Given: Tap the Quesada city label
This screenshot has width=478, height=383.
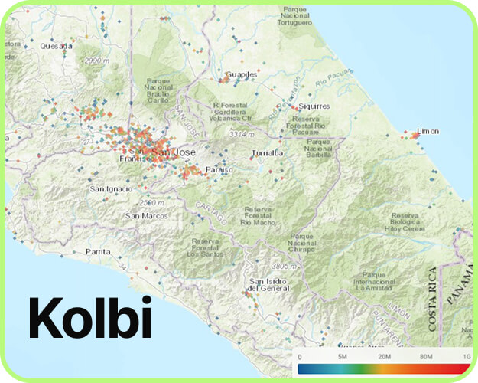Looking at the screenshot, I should tap(57, 46).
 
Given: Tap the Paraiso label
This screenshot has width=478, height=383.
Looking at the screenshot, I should tap(218, 169).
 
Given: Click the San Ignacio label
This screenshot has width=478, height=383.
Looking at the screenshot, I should tap(111, 188).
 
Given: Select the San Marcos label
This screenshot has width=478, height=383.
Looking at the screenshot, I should tap(146, 216).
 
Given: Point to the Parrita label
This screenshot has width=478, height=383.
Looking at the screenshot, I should tap(98, 251).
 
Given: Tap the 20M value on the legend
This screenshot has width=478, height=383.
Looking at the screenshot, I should tap(384, 358).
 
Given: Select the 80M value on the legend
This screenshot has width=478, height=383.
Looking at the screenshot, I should tap(426, 358).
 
